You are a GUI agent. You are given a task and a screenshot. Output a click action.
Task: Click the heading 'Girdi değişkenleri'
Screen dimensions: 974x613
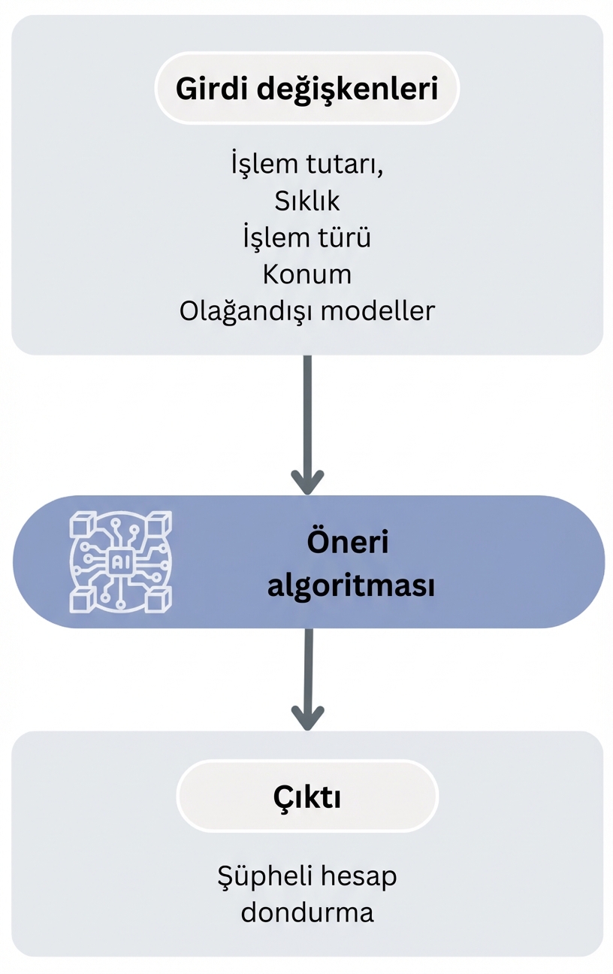point(306,88)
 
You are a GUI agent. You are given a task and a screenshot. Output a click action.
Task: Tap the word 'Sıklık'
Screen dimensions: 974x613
point(306,201)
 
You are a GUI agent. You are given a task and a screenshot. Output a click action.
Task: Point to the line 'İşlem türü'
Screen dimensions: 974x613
point(306,237)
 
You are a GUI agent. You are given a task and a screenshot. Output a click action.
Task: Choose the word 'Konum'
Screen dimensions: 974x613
point(306,274)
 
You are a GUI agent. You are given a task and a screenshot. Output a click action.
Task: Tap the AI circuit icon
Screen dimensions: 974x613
point(120,561)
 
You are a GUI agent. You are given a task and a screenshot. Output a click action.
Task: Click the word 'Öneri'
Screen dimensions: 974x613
point(348,543)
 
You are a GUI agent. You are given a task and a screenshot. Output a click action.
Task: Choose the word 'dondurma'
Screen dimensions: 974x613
point(306,912)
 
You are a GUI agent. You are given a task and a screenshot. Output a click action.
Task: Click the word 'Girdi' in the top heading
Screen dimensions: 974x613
point(211,88)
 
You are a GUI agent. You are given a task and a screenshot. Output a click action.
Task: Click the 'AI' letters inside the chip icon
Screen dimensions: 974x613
point(120,561)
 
